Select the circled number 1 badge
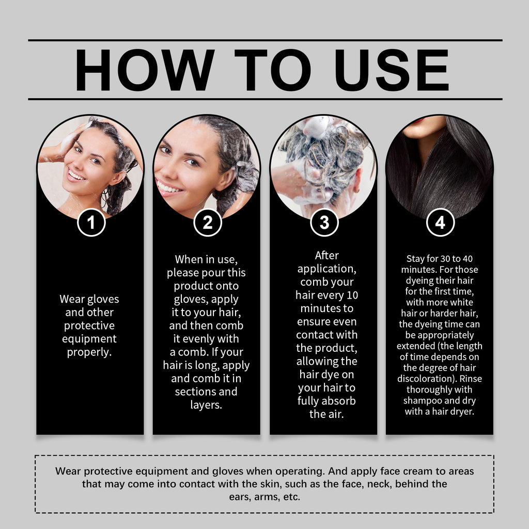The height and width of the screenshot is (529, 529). [91, 223]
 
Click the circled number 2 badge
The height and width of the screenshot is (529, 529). [207, 223]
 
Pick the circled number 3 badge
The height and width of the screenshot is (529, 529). [324, 223]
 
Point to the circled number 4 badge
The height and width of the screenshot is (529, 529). [440, 223]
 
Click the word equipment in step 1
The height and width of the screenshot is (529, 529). [89, 339]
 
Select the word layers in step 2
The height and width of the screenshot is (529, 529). [206, 404]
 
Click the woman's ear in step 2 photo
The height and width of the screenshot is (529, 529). [226, 178]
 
